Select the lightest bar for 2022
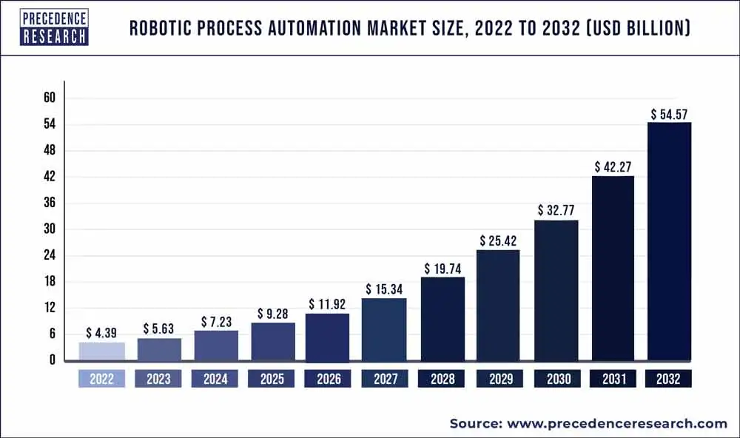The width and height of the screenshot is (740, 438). (101, 351)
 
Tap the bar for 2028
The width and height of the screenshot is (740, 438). (443, 319)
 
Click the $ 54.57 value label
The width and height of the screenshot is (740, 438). (670, 115)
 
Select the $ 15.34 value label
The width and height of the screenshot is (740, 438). (384, 289)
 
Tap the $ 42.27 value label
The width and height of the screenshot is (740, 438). (613, 167)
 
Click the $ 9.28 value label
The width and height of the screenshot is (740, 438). (273, 314)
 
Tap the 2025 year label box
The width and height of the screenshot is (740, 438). (272, 380)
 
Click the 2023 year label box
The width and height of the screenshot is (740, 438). (158, 380)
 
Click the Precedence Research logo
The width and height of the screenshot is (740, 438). (54, 27)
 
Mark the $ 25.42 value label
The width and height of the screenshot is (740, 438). (499, 241)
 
